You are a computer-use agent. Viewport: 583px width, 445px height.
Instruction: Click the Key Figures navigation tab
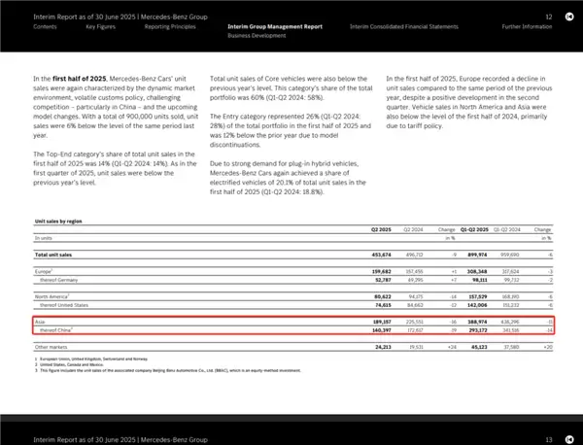[x=101, y=26]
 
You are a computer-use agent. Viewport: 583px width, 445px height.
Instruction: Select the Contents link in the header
[x=45, y=26]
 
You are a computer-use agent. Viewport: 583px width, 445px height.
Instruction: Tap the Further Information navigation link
[x=527, y=26]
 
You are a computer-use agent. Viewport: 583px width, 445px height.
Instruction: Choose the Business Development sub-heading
[x=256, y=35]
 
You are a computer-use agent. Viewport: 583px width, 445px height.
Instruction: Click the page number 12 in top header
[x=549, y=17]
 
